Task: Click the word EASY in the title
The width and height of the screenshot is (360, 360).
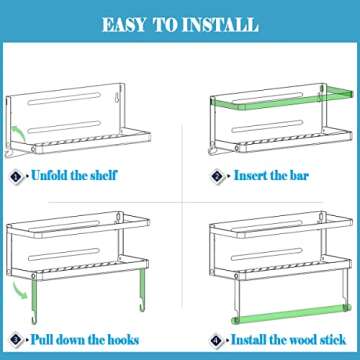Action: [x=124, y=25]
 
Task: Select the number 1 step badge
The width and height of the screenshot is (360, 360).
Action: [x=16, y=175]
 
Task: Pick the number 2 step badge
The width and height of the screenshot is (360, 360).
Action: [x=217, y=176]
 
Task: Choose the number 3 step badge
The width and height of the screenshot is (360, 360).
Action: [x=16, y=340]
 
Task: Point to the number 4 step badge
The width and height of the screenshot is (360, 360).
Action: [x=217, y=340]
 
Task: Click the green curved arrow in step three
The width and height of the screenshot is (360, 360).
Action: [x=19, y=290]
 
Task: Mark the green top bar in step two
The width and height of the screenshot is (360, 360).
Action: [x=282, y=99]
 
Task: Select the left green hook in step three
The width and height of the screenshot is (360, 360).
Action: [x=34, y=301]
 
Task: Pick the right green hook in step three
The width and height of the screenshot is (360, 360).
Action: [x=142, y=290]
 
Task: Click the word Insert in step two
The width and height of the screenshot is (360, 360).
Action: [x=247, y=175]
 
